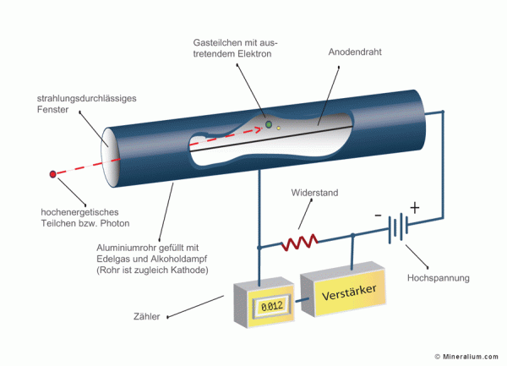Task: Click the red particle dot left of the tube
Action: [53, 174]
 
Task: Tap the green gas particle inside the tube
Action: [268, 124]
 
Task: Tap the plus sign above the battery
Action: [414, 207]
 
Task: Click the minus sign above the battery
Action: [379, 215]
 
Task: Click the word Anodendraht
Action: [357, 52]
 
